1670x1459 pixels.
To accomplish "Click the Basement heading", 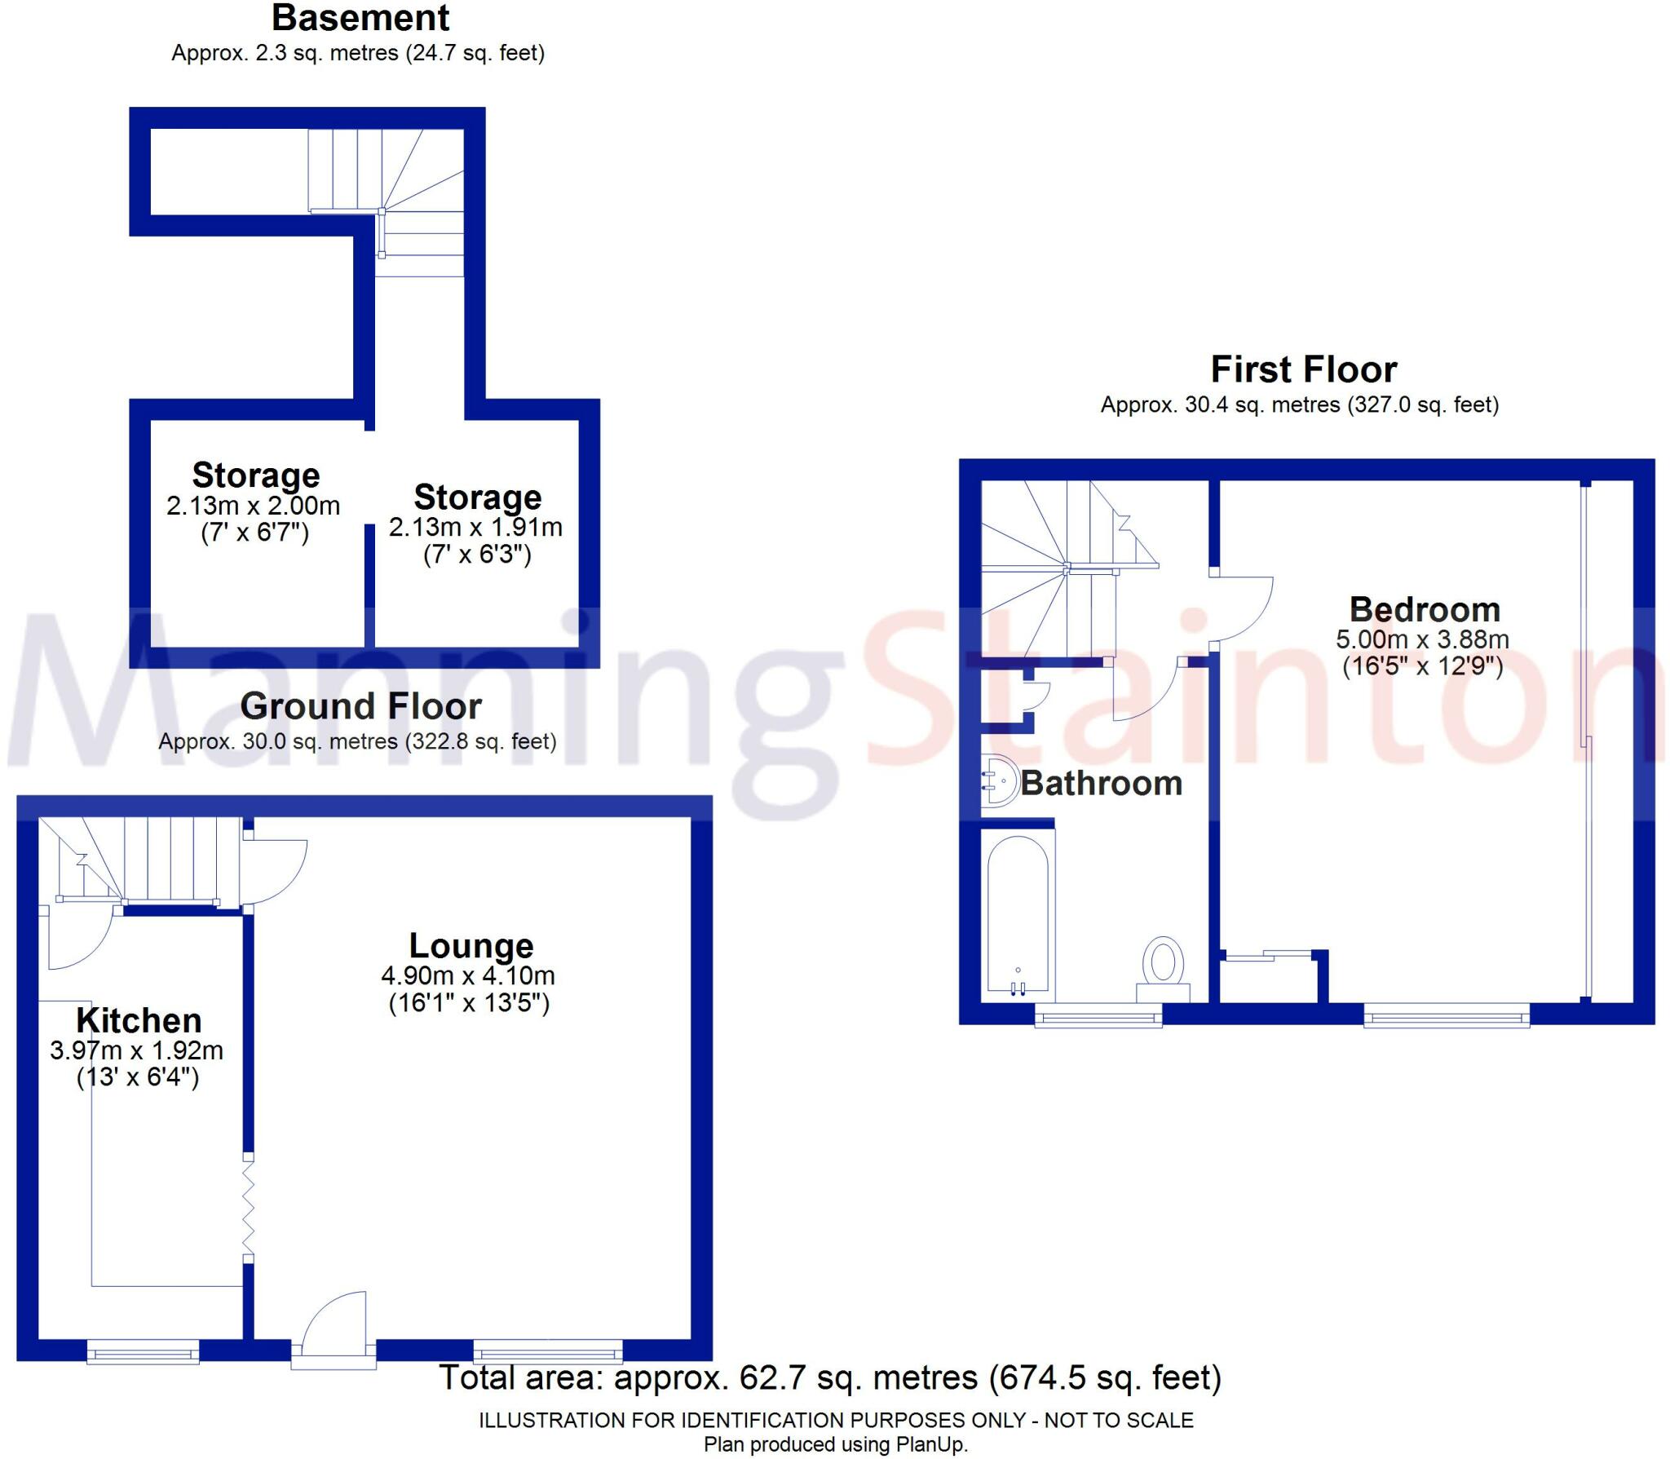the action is coord(360,18).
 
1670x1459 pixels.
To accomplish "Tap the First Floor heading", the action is coord(1303,369).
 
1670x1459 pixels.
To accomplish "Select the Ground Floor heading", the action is coord(360,706).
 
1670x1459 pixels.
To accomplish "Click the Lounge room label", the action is coord(471,946).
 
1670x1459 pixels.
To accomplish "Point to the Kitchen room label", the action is coord(139,1020).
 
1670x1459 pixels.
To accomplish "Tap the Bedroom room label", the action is coord(1424,609).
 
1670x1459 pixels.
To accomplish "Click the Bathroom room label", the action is coord(1101,783).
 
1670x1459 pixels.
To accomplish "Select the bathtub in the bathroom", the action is coord(1017,917).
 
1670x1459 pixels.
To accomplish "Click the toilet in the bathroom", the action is coord(1163,966).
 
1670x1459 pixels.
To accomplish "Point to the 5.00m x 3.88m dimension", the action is coord(1422,639).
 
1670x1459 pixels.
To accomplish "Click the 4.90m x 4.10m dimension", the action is coord(468,975).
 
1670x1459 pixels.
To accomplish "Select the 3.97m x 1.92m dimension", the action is coord(136,1050).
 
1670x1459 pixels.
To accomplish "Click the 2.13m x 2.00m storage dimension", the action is coord(254,506).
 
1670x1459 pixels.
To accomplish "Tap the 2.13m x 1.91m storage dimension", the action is coord(475,528).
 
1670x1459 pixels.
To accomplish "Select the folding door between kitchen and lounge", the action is coord(248,1209).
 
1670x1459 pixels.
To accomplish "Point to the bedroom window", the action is coord(1446,1018).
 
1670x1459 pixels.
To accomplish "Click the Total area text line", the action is coord(830,1377).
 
